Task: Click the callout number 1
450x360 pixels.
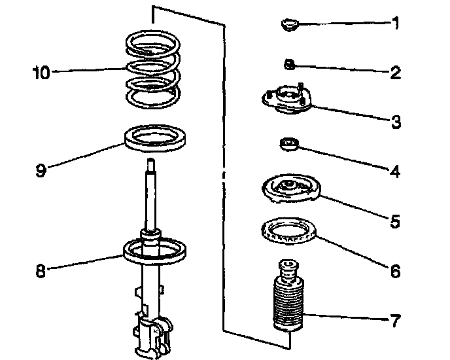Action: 395,24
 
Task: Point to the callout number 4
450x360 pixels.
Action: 395,171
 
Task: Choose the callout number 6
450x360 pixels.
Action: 395,270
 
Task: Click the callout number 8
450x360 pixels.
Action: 41,270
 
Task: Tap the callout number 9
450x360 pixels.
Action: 41,171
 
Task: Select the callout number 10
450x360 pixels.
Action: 41,71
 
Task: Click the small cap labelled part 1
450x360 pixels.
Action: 288,26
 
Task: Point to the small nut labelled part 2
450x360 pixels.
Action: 288,64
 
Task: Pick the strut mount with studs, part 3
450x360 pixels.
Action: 286,100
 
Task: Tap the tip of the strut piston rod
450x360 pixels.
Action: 151,162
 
